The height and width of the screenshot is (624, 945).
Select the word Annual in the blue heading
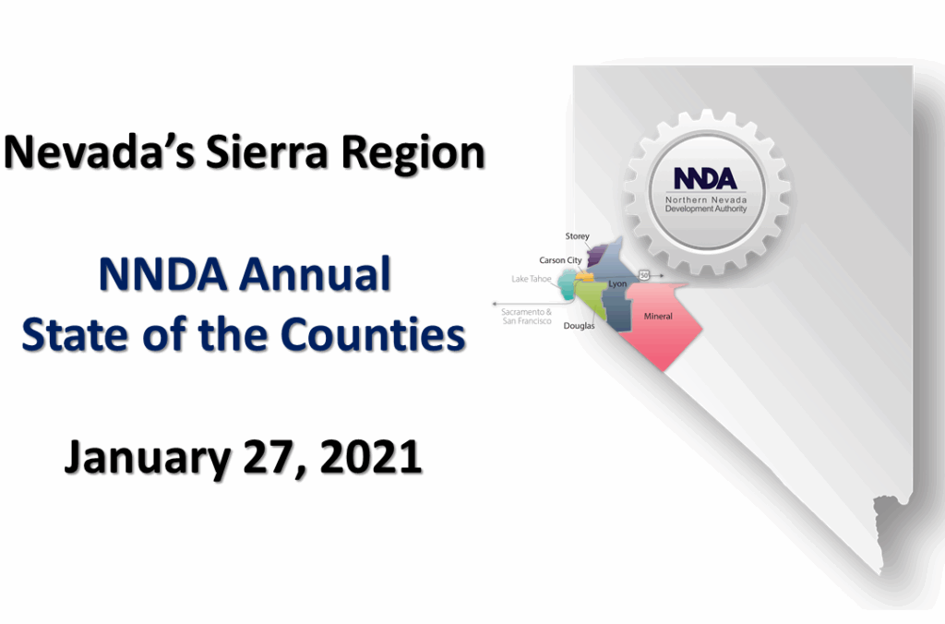[316, 274]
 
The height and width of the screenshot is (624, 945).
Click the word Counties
[373, 334]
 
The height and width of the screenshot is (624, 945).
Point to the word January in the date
[148, 458]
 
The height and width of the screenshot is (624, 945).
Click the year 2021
[371, 457]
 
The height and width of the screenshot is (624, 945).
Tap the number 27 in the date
[271, 458]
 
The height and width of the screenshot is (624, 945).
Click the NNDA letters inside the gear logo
[705, 178]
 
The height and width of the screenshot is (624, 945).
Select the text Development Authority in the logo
[706, 209]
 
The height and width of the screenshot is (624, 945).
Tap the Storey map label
[577, 236]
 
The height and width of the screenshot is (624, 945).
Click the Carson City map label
[560, 260]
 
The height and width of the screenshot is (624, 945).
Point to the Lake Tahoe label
[532, 279]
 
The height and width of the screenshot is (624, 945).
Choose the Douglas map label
[580, 326]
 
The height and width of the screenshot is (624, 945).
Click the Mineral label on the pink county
[658, 316]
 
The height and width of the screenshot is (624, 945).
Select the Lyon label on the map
[617, 284]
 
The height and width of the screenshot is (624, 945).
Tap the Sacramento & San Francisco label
[527, 317]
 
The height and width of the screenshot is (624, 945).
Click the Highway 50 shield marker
[644, 275]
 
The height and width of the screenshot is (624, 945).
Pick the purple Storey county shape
[595, 256]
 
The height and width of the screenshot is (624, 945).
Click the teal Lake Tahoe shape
[568, 284]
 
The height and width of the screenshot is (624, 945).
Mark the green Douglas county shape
[592, 297]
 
